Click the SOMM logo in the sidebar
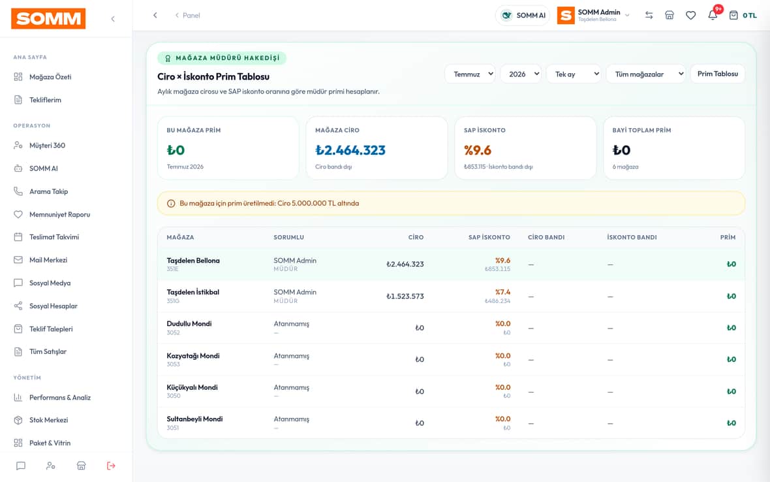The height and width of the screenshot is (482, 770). [48, 19]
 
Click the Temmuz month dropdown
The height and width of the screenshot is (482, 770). [470, 74]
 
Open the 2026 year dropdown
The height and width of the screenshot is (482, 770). [521, 74]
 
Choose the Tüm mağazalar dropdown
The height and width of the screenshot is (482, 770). [646, 74]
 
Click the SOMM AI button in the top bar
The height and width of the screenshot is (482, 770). [523, 15]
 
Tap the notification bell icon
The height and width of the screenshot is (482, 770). [713, 15]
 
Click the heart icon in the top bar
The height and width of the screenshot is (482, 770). [691, 15]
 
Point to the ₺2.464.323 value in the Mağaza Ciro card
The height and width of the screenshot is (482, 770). [350, 150]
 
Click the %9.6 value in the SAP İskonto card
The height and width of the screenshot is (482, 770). [478, 150]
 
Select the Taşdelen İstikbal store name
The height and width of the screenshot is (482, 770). [193, 292]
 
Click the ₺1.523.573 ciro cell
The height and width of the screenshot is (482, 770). [405, 297]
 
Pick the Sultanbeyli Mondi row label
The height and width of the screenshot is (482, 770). [194, 419]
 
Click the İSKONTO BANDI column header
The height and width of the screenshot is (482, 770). [632, 237]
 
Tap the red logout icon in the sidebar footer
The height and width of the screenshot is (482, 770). [111, 466]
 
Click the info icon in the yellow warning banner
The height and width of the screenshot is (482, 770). [171, 203]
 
